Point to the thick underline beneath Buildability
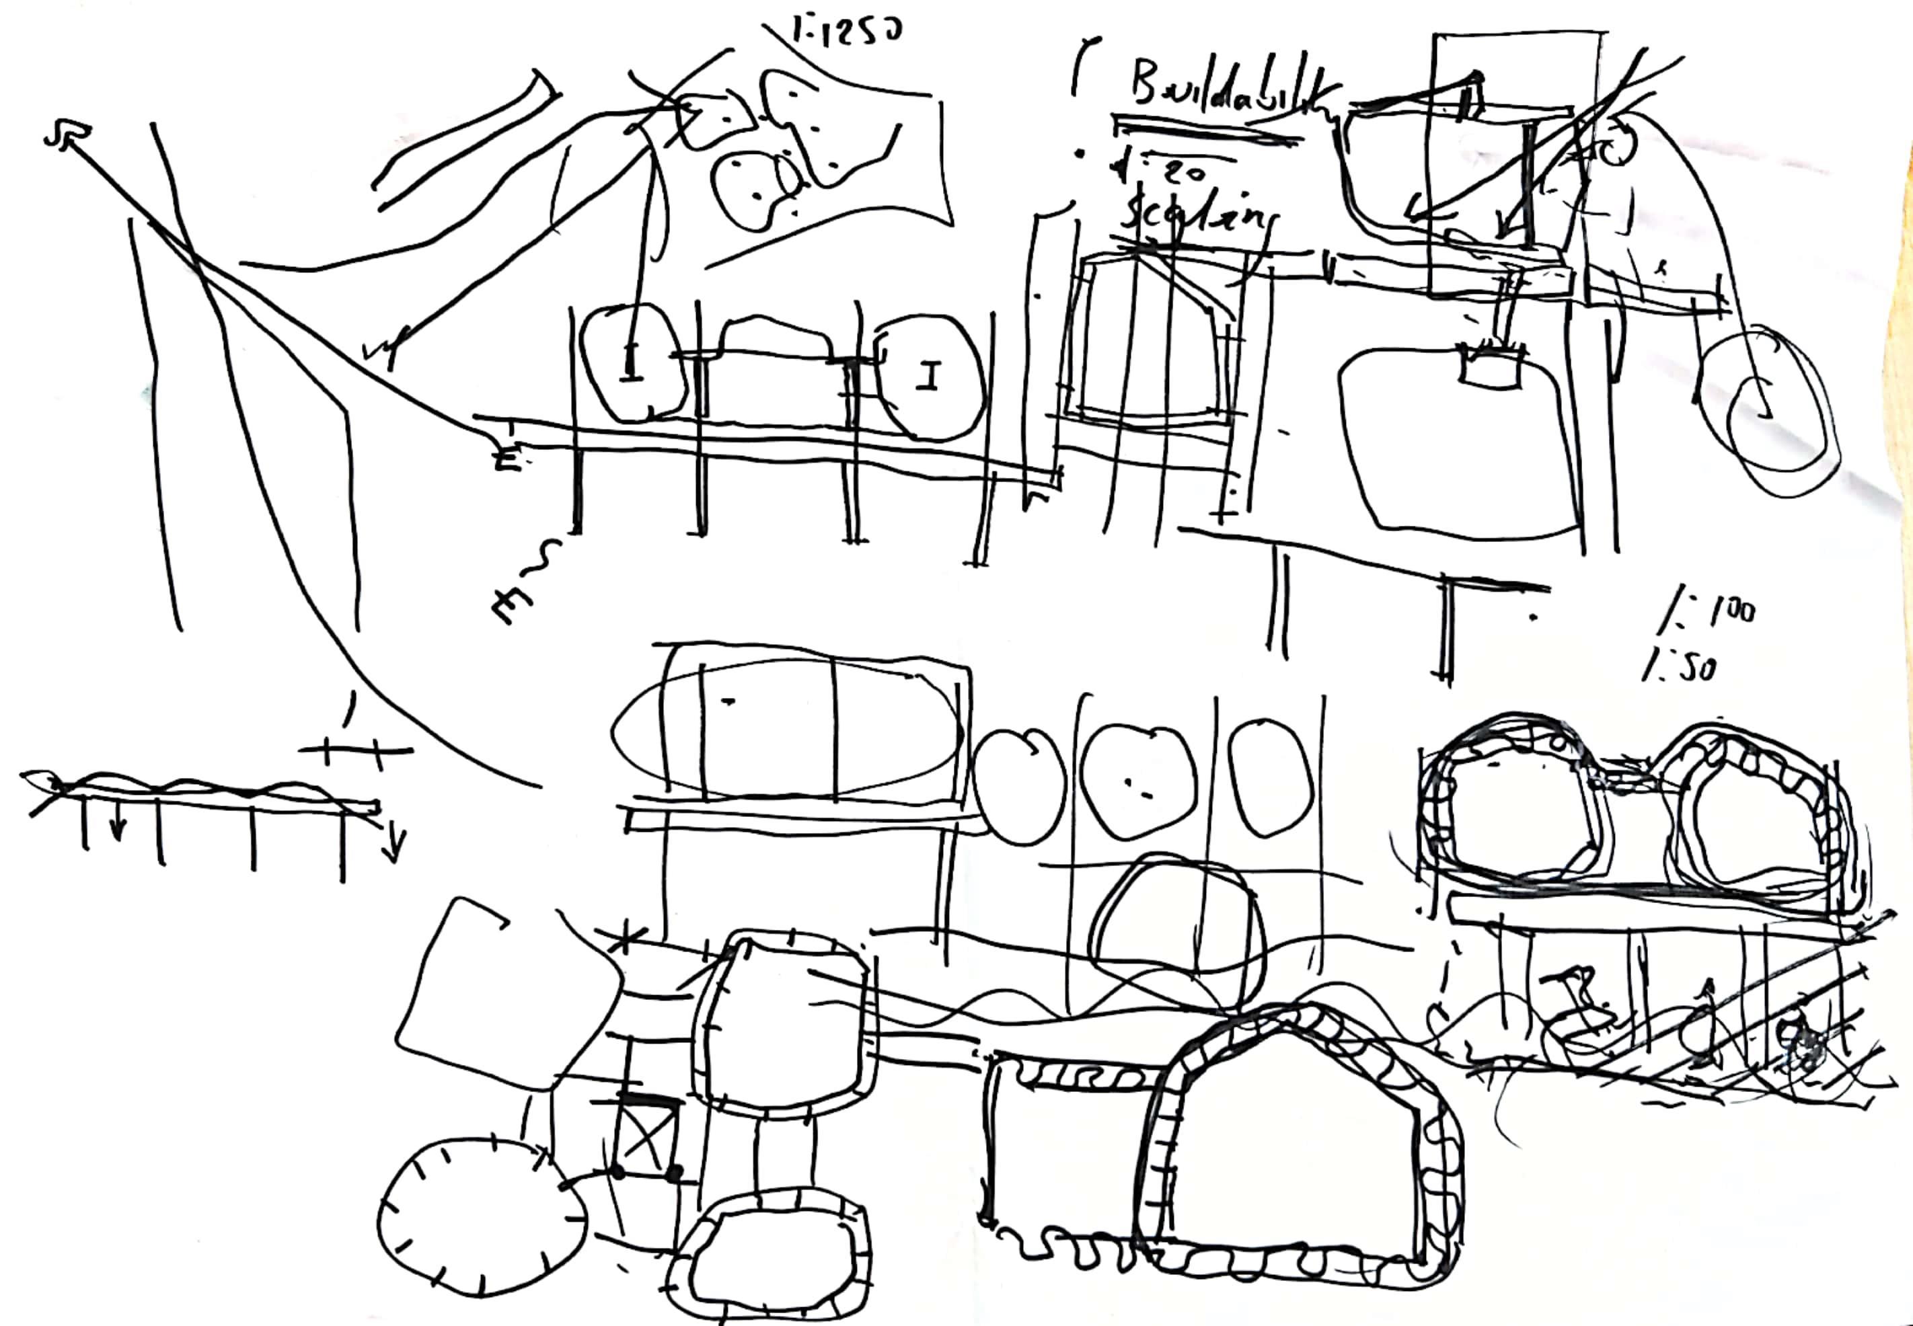point(1205,129)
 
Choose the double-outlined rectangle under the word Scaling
point(1151,341)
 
